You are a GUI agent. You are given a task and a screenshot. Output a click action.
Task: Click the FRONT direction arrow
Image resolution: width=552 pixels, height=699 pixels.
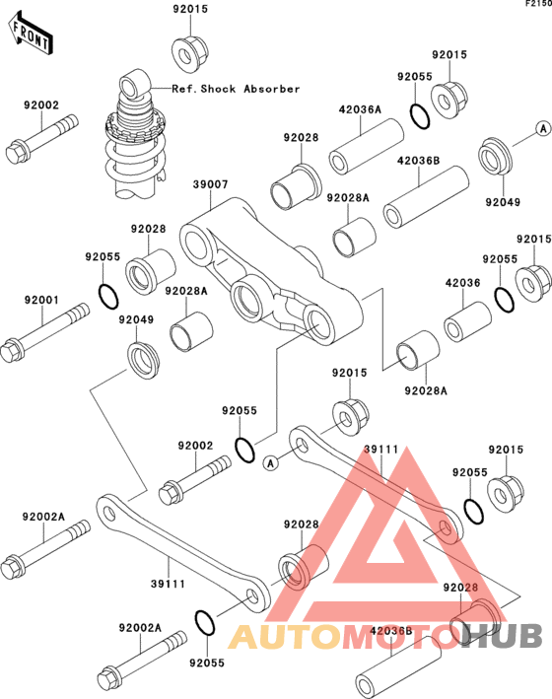point(31,34)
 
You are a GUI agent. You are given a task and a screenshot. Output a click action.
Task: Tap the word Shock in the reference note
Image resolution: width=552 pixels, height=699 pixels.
point(218,89)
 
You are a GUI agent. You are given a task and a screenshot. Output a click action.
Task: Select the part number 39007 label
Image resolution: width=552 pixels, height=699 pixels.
point(211,184)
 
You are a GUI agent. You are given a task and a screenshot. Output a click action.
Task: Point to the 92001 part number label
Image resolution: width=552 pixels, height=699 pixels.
point(41,300)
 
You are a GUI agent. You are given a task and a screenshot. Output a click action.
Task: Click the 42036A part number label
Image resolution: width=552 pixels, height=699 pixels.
point(360,109)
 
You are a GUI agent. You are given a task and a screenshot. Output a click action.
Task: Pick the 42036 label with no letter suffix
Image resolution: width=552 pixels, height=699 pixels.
point(463,283)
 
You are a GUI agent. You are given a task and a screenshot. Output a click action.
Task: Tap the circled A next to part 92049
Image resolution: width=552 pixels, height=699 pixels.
point(543,129)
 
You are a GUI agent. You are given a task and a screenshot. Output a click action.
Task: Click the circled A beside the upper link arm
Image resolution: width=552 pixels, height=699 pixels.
point(271,463)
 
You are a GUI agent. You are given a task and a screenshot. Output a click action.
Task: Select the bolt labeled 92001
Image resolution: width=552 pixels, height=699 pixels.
point(44,332)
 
